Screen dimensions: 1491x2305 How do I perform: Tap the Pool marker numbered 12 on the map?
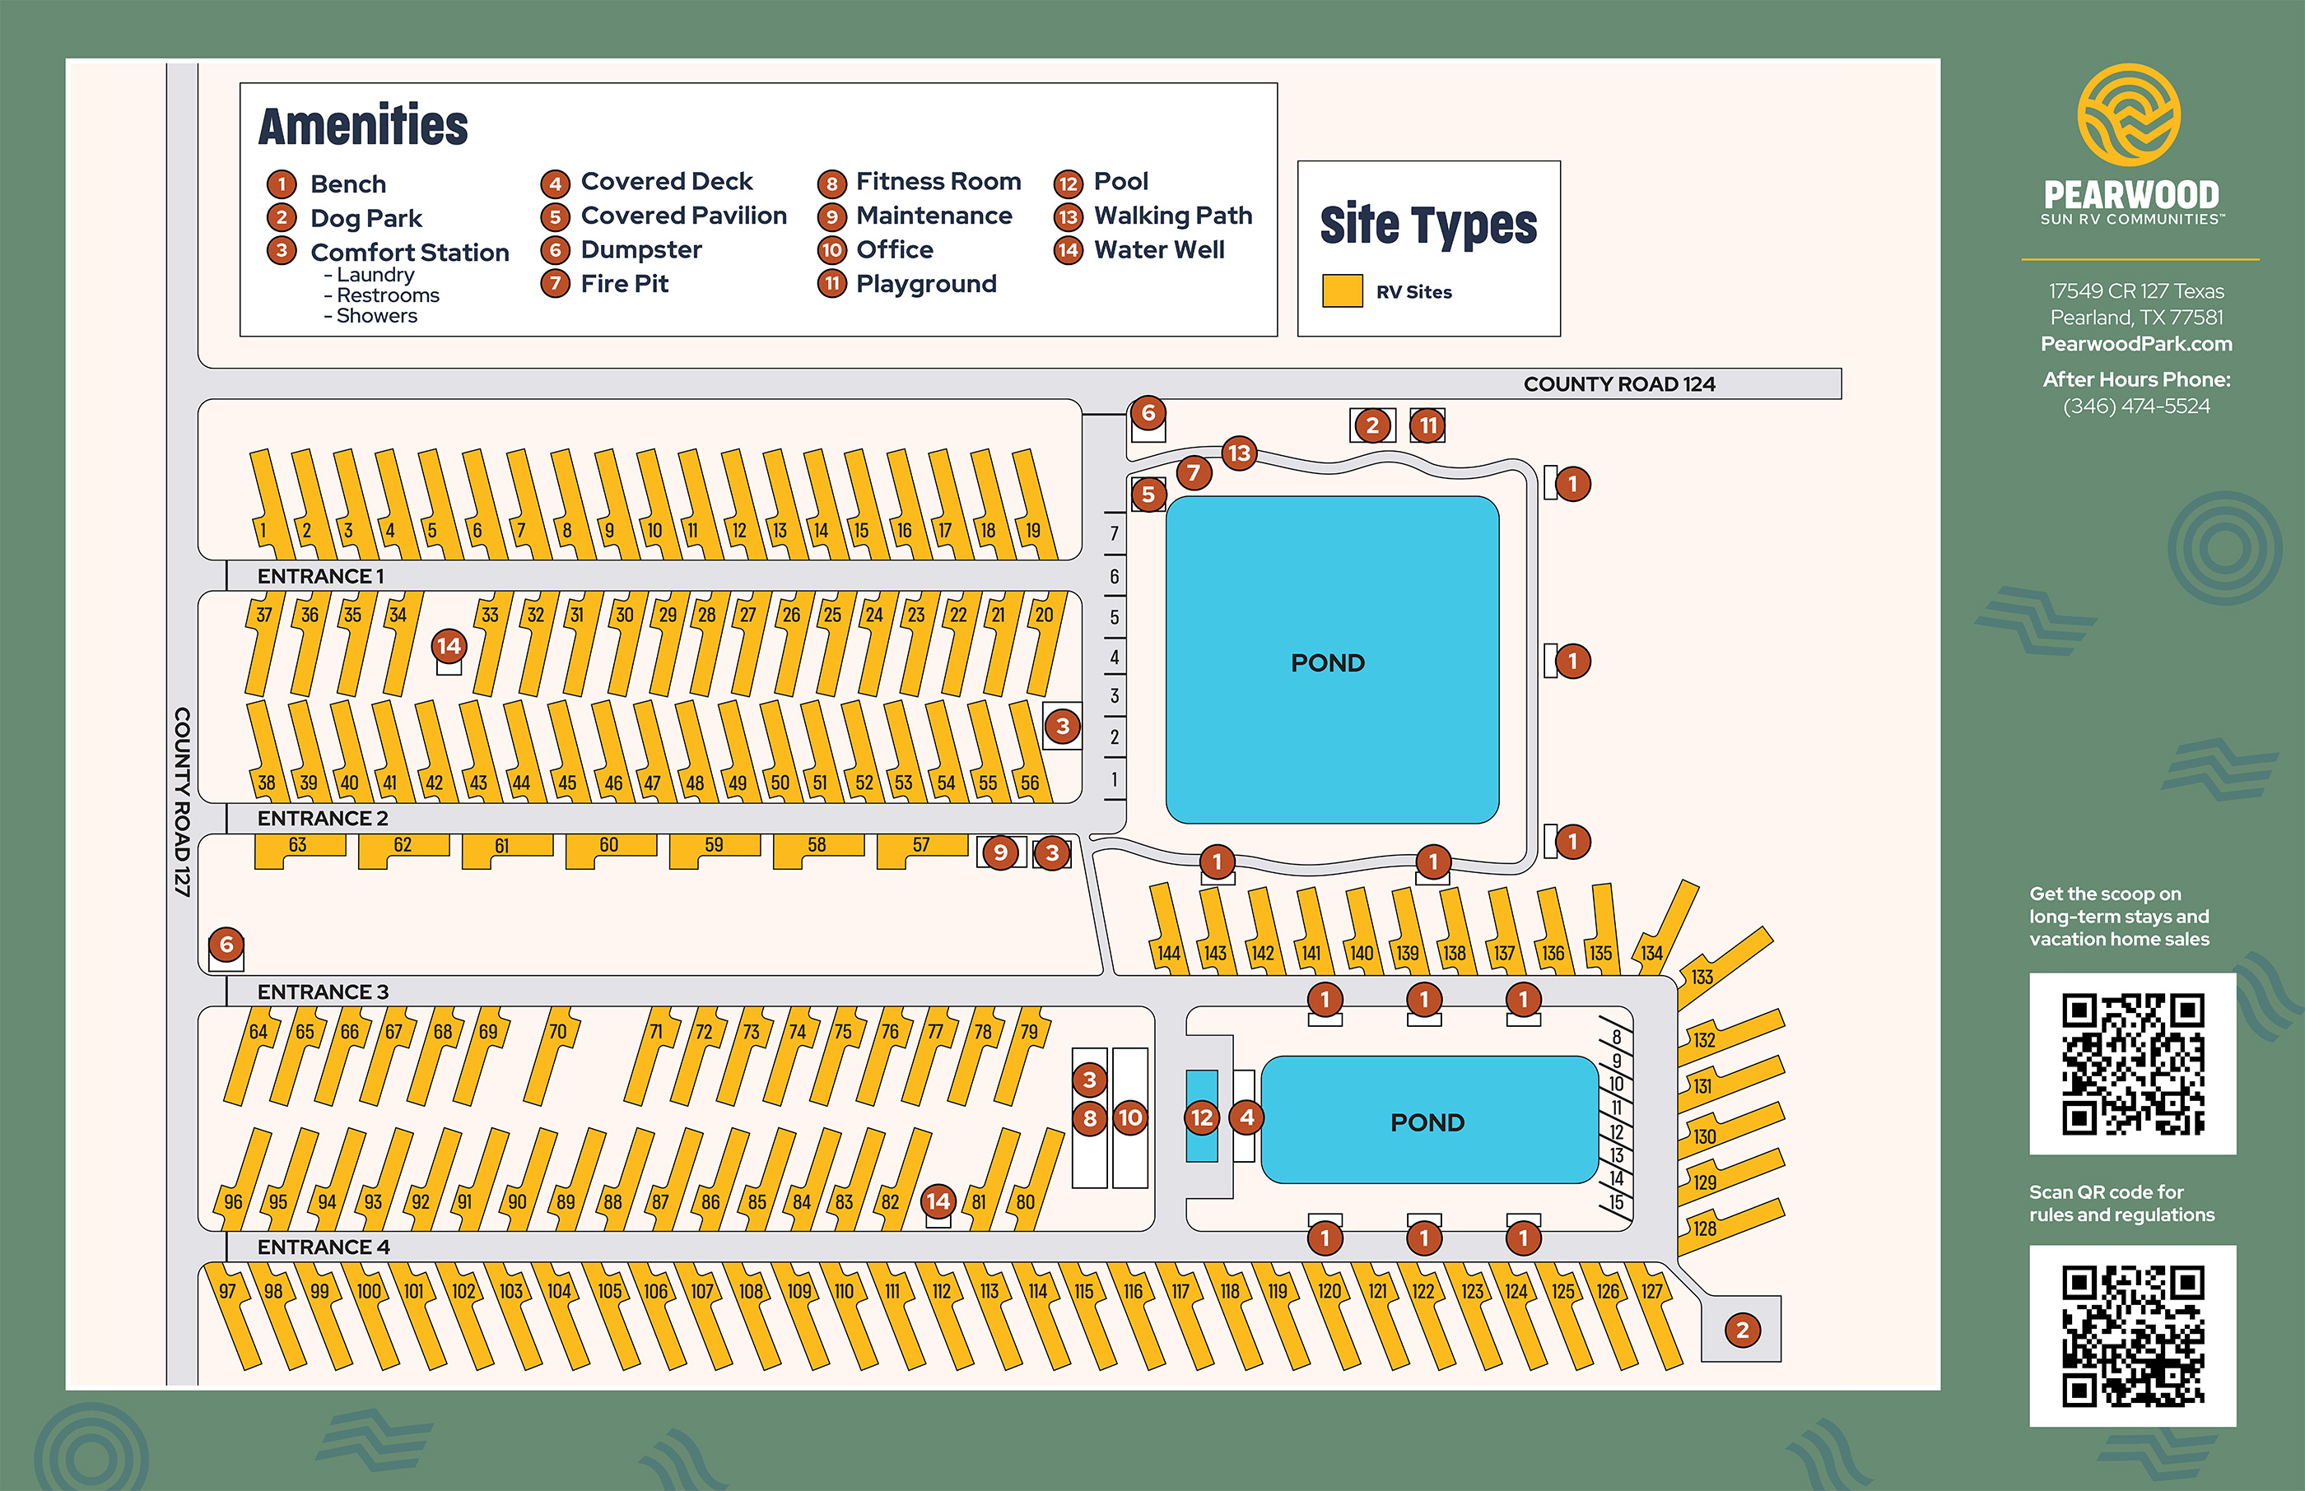1201,1117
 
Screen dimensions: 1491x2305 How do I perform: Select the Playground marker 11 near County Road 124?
1427,425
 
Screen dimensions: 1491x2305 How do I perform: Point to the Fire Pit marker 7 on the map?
1194,472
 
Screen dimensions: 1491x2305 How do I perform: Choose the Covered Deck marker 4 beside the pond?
1246,1117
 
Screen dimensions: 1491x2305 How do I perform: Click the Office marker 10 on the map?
1130,1117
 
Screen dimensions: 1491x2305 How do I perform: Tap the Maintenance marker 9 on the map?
1000,853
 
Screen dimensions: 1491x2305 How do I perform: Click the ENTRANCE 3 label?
323,992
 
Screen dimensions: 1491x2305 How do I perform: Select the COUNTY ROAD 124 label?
1618,384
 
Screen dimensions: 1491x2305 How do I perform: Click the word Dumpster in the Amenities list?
641,250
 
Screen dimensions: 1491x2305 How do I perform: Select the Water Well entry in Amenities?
1158,250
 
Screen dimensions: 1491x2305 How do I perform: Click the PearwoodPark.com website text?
2135,344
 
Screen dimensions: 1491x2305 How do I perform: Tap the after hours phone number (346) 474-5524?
2135,406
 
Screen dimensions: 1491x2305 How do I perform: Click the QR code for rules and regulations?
2133,1335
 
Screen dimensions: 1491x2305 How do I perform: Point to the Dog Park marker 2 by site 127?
1742,1330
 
